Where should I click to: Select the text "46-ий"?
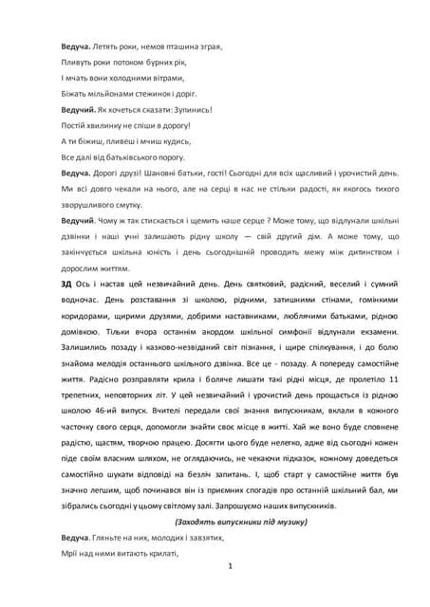pyautogui.click(x=120, y=411)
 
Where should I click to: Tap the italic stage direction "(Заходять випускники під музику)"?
pyautogui.click(x=242, y=522)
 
